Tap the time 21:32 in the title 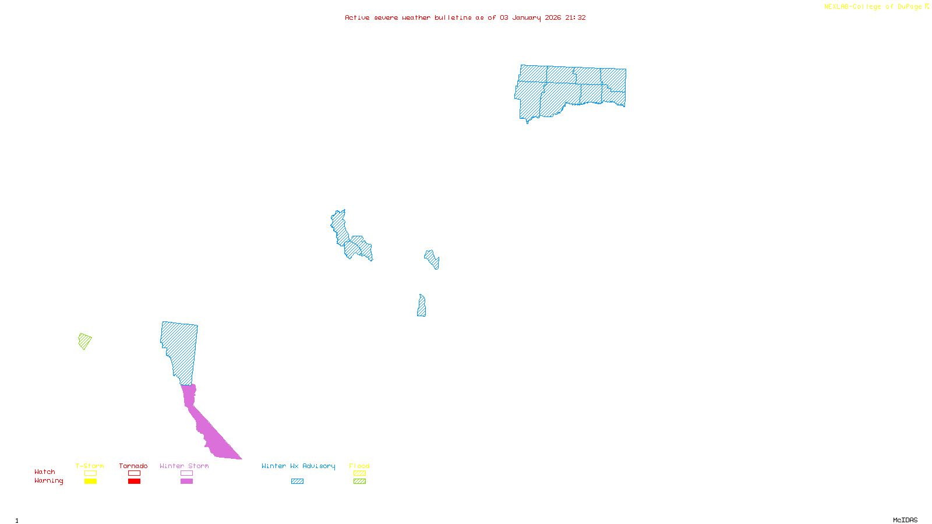click(x=576, y=17)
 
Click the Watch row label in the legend click(x=45, y=472)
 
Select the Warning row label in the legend click(x=48, y=481)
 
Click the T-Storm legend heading click(x=90, y=466)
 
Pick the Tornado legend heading click(x=133, y=466)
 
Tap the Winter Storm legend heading click(x=184, y=466)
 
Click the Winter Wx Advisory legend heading click(x=298, y=466)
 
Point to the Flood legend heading click(x=359, y=466)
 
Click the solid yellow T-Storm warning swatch click(x=90, y=481)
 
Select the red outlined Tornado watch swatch click(x=135, y=473)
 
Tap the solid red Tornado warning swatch click(x=135, y=481)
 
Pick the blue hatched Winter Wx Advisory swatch click(x=298, y=481)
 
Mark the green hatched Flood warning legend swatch click(x=360, y=481)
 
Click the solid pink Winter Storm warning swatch click(x=186, y=481)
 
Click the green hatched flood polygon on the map click(x=84, y=341)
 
